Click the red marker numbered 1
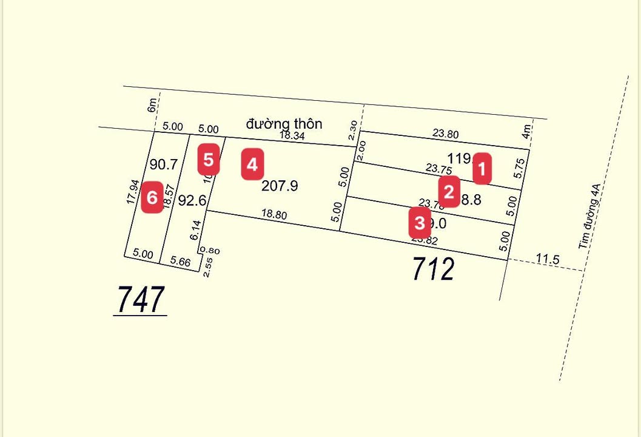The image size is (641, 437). tap(482, 168)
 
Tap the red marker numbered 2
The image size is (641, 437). tap(449, 192)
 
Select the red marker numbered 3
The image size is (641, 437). tap(420, 223)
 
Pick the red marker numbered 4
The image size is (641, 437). tap(252, 164)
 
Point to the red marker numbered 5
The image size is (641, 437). tap(209, 160)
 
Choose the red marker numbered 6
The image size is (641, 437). tap(152, 198)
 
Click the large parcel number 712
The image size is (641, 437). tap(433, 269)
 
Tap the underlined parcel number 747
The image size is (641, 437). tap(140, 299)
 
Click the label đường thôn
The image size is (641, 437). tap(284, 124)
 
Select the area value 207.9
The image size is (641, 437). tap(280, 186)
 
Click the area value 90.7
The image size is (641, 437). tap(164, 164)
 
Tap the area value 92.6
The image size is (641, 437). tap(193, 200)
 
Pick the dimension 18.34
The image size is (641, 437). tap(292, 136)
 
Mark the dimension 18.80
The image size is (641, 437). tap(274, 215)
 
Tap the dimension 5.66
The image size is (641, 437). tap(181, 262)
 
